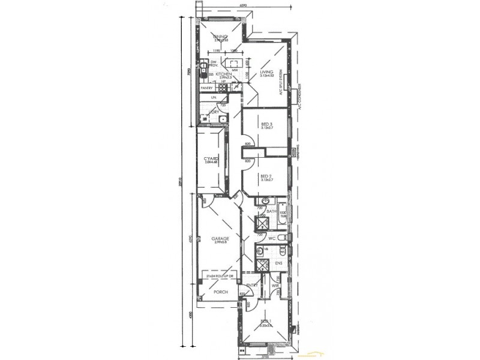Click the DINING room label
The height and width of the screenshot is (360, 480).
click(220, 37)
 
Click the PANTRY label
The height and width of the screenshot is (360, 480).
click(206, 88)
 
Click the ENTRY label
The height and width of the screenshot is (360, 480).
click(252, 285)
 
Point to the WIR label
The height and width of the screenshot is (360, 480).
click(275, 286)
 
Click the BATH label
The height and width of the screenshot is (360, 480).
click(271, 212)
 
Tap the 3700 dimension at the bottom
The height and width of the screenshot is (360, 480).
click(265, 356)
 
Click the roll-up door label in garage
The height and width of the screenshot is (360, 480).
click(221, 278)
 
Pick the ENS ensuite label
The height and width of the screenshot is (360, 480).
click(278, 263)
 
